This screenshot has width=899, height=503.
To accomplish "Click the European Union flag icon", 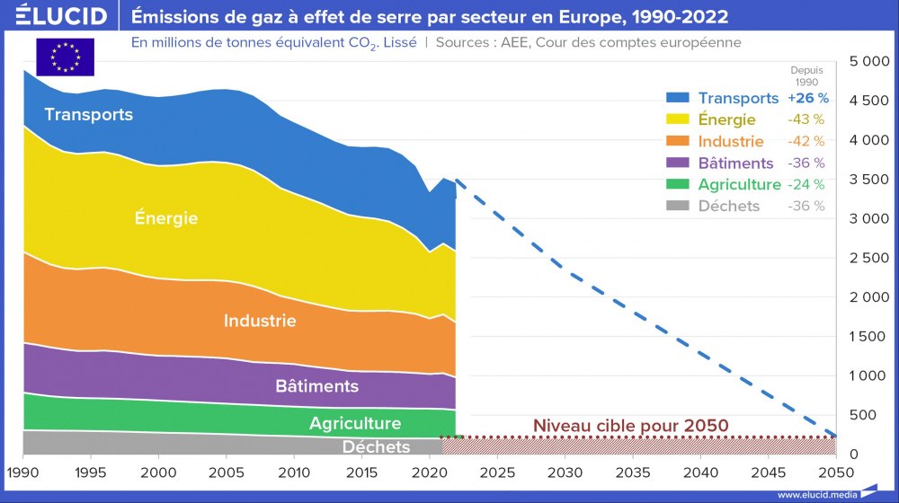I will click(x=65, y=57).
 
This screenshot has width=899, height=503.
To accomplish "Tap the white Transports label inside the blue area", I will click(x=88, y=115).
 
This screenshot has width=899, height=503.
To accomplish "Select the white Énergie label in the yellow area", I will click(x=165, y=218).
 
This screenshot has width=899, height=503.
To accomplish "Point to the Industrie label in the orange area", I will click(x=260, y=321).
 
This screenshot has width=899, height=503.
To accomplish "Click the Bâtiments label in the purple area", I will click(x=316, y=386).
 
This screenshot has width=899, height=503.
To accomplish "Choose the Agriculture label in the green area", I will click(x=355, y=424).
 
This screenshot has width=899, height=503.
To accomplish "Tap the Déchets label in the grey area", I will click(x=376, y=446).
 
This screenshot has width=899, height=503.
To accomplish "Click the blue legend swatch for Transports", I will click(x=678, y=98).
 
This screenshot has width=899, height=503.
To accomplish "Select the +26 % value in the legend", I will click(x=807, y=98).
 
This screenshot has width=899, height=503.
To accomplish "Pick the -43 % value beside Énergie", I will click(x=806, y=119).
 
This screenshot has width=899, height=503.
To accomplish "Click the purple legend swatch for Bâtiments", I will click(x=678, y=163).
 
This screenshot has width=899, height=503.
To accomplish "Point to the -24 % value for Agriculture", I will click(x=806, y=184).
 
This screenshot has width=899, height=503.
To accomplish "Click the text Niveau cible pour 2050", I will click(x=630, y=425).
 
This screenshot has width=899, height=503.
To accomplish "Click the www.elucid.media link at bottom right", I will click(x=815, y=495).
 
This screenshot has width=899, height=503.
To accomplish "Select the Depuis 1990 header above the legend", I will click(x=806, y=75).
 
